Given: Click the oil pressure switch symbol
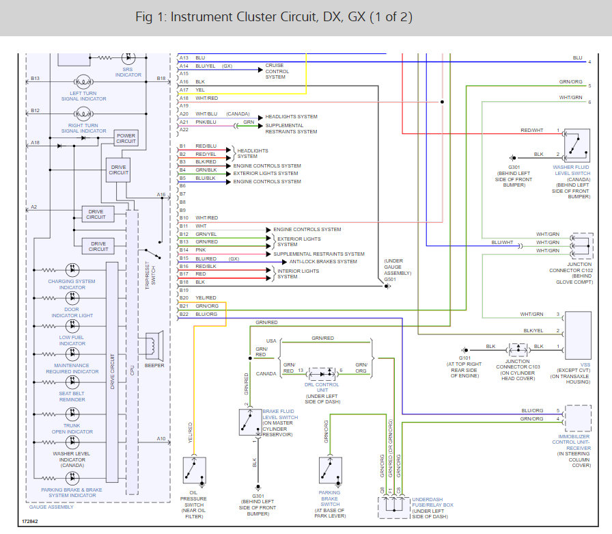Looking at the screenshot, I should pyautogui.click(x=195, y=470).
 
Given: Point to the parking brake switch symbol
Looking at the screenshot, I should pyautogui.click(x=331, y=470).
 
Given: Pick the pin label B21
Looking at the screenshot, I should pyautogui.click(x=183, y=306).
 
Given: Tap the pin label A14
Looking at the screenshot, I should pyautogui.click(x=184, y=66).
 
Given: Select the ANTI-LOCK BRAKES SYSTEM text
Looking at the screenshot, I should pyautogui.click(x=323, y=261).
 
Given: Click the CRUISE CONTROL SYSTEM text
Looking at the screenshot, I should pyautogui.click(x=277, y=71).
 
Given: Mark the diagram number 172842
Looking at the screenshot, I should pyautogui.click(x=30, y=521).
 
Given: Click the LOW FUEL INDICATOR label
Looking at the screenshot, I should pyautogui.click(x=72, y=341).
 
